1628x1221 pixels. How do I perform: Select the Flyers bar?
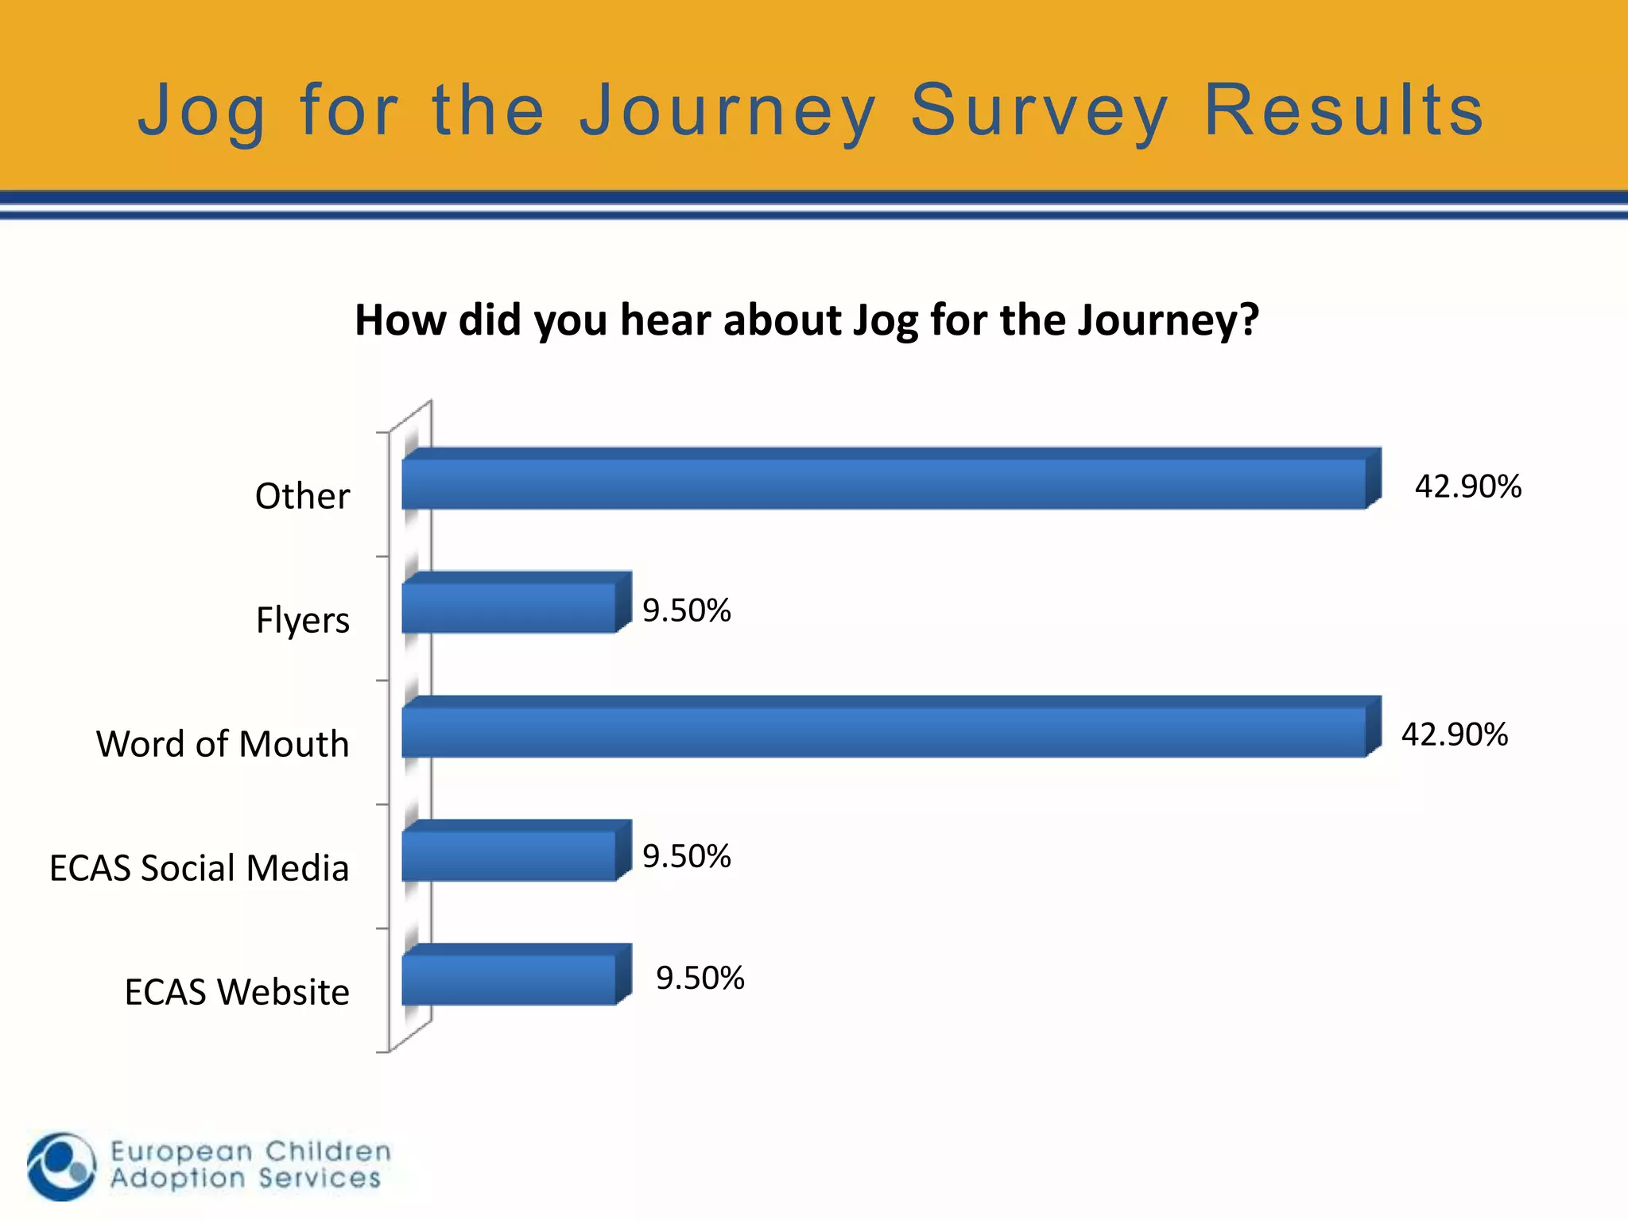[x=509, y=607]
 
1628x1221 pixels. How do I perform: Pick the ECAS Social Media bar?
[x=509, y=855]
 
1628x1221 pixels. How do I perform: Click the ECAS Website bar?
[x=509, y=979]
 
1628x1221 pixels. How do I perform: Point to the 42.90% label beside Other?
[x=1467, y=486]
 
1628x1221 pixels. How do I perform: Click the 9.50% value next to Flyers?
[x=687, y=610]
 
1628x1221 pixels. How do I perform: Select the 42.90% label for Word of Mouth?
[x=1454, y=735]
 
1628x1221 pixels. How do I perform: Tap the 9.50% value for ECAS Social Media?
[x=687, y=856]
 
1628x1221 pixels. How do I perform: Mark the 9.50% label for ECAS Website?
[x=700, y=979]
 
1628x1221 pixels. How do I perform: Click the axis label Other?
[x=302, y=496]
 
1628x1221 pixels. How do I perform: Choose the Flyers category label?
[x=302, y=620]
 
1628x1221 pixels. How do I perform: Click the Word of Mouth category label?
[x=223, y=744]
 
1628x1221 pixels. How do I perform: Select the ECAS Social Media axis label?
[x=199, y=868]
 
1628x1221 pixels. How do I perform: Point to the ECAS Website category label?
[x=237, y=992]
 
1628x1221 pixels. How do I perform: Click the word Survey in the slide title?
[x=1039, y=111]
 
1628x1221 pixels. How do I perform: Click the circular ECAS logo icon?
[x=61, y=1166]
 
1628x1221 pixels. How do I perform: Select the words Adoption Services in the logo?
[x=246, y=1178]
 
